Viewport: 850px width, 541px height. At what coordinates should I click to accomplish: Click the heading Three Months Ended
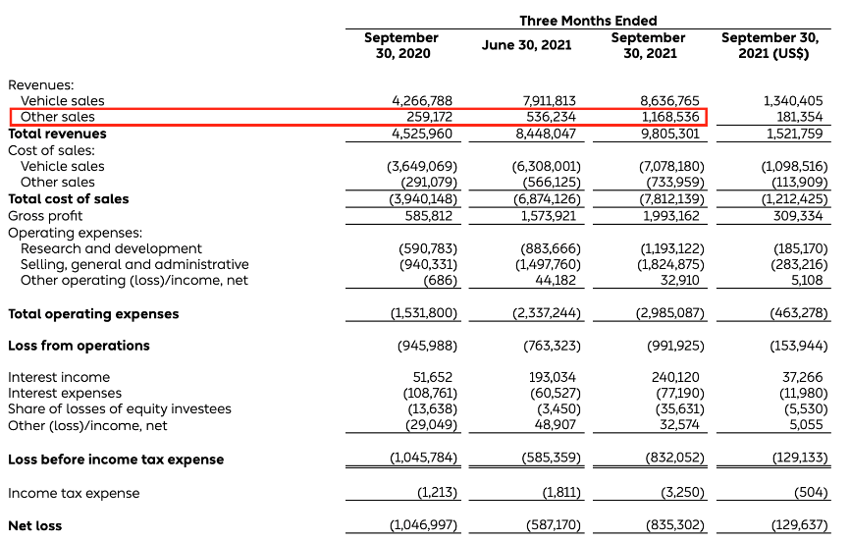[588, 21]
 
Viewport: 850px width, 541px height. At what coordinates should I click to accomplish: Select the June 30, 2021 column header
[526, 45]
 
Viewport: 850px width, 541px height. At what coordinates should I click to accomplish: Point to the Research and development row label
[111, 248]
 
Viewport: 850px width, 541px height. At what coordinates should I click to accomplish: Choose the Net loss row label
[34, 526]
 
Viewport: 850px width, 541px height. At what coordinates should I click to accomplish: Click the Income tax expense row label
[74, 493]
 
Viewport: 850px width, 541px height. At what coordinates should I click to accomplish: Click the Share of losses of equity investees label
[120, 409]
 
